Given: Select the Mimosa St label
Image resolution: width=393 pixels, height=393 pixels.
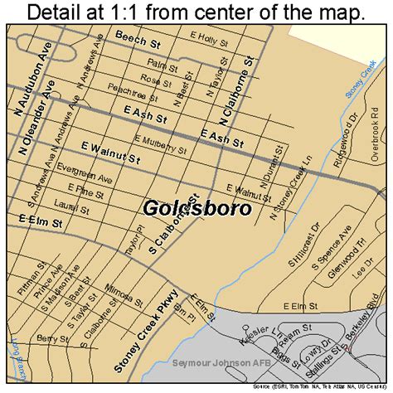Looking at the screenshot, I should click(124, 293).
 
